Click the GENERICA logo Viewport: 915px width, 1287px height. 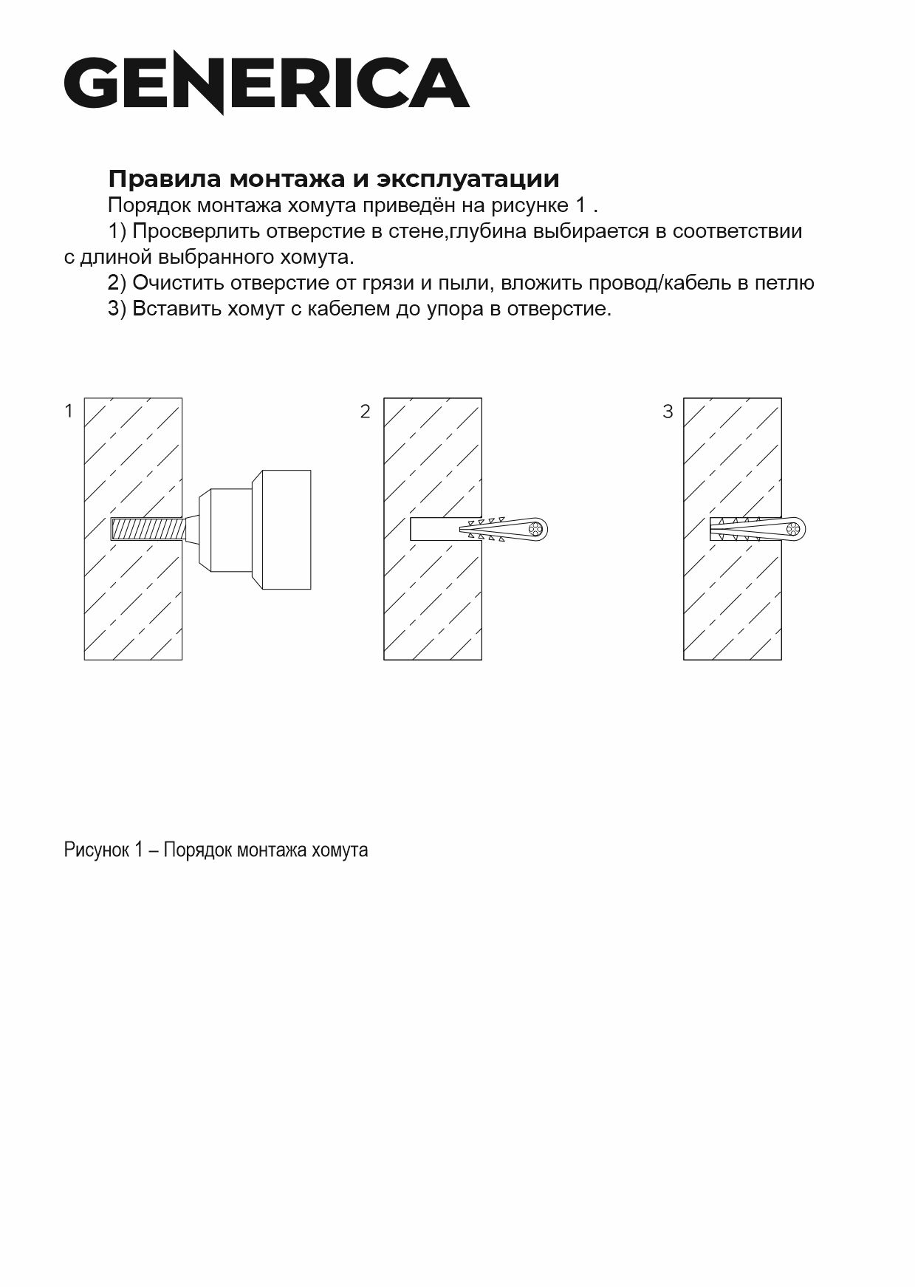[267, 82]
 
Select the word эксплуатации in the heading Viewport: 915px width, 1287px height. [468, 179]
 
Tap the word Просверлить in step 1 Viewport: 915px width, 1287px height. [196, 231]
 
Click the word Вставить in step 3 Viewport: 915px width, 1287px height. [177, 309]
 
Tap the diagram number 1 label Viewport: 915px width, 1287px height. [69, 412]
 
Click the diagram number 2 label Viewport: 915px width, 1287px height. [365, 412]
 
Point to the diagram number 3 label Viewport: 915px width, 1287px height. [668, 412]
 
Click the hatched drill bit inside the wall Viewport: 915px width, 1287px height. [146, 529]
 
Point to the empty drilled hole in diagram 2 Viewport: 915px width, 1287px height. [432, 529]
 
